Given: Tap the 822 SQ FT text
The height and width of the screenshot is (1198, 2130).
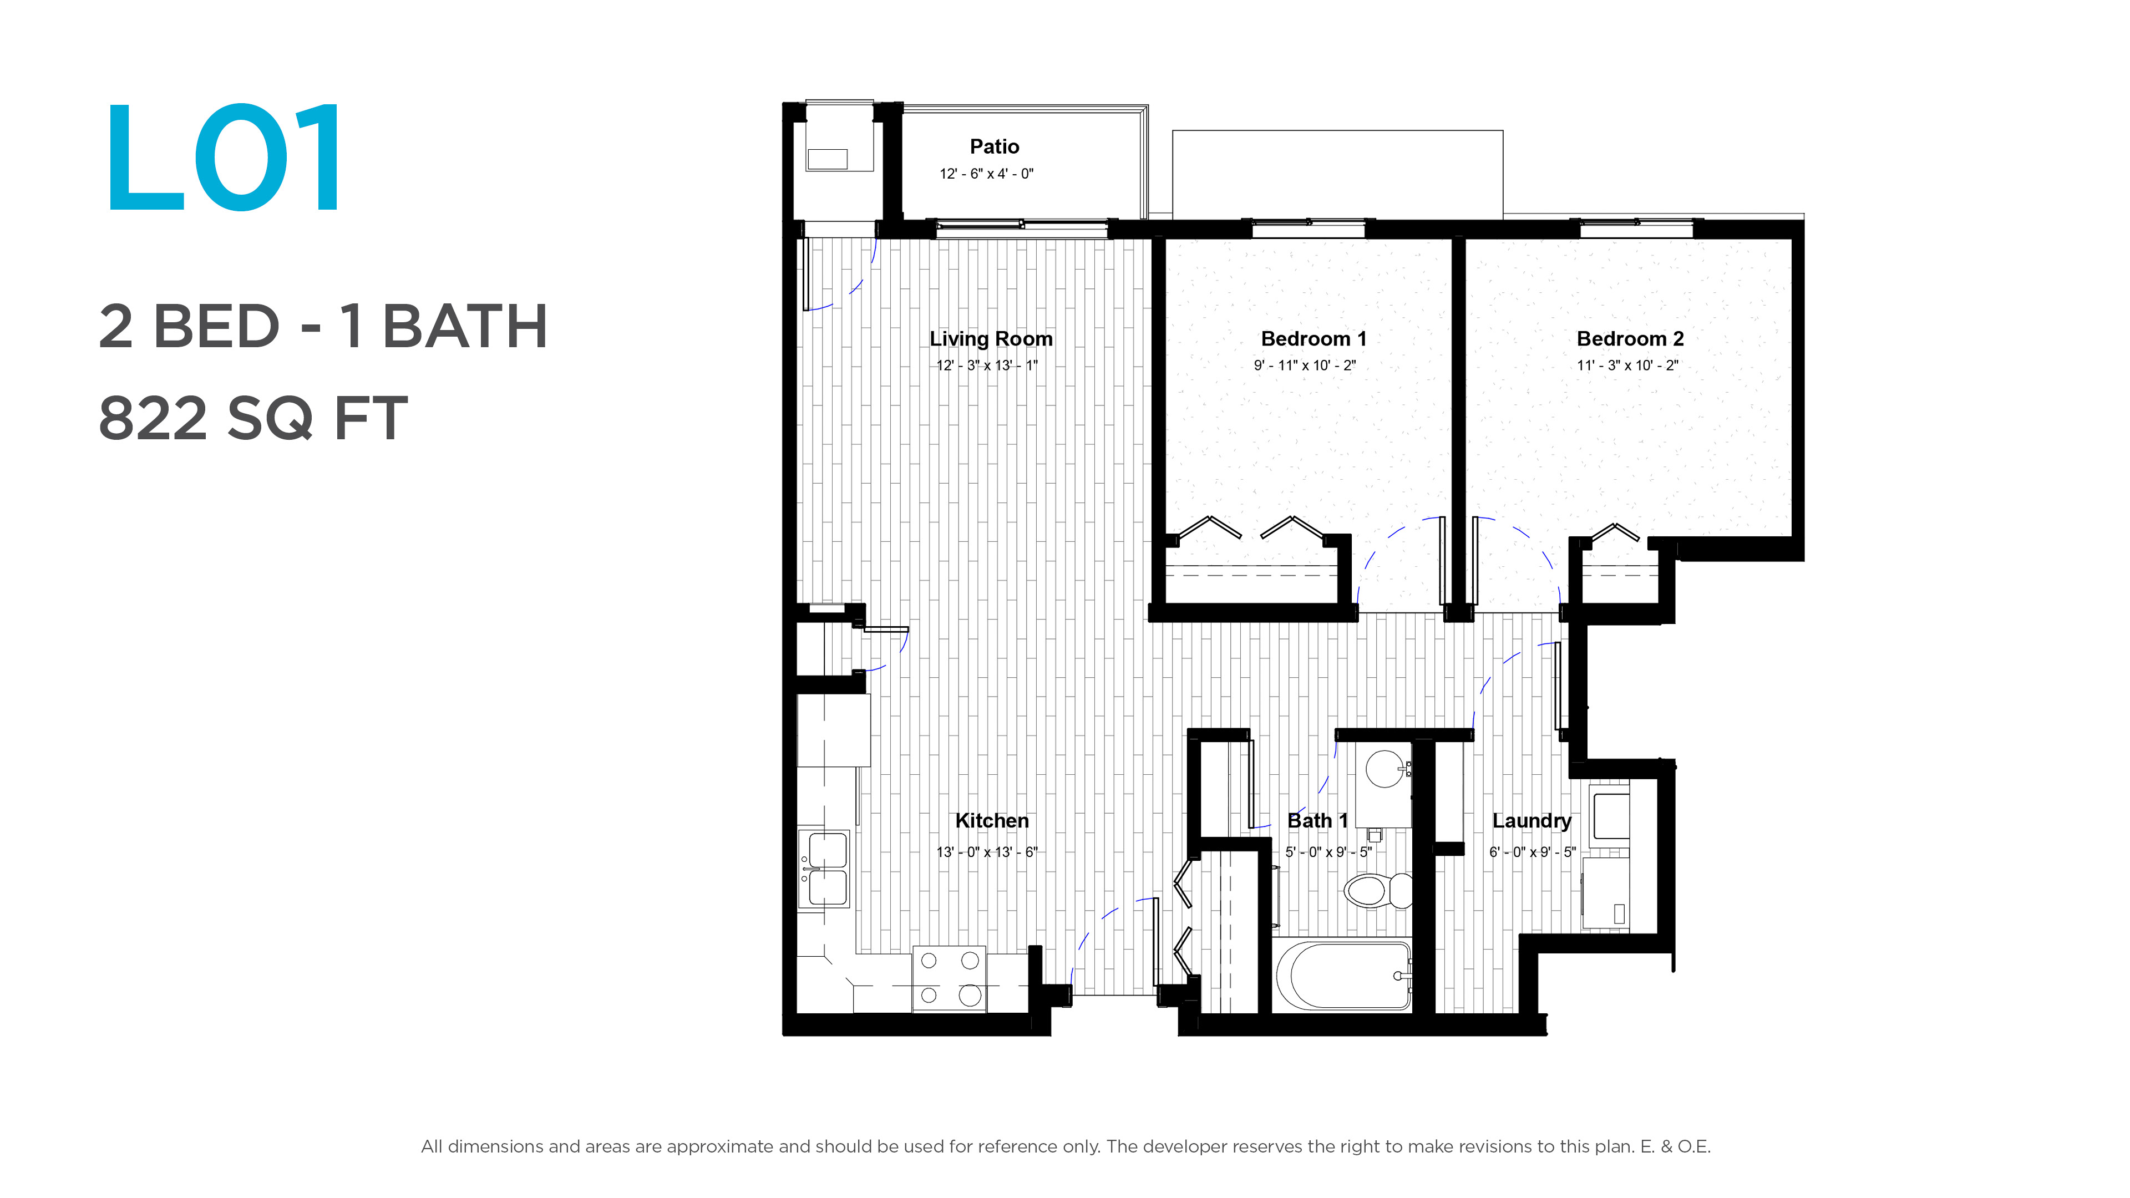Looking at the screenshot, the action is (253, 418).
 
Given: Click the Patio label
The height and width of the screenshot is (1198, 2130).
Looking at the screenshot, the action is (994, 146).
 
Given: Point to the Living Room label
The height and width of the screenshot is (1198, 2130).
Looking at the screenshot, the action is (991, 339).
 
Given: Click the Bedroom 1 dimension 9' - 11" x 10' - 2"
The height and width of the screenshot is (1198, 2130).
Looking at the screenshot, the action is (1305, 366).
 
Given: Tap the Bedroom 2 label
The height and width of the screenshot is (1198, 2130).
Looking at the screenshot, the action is (1630, 339).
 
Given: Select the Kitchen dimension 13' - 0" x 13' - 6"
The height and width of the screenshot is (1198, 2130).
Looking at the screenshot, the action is (986, 851).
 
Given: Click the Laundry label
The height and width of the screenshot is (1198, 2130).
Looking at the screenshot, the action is (1531, 821).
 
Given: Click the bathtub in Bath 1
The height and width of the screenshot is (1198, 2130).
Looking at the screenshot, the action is (1343, 976).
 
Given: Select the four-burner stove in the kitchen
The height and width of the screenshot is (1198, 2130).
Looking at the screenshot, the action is (949, 978).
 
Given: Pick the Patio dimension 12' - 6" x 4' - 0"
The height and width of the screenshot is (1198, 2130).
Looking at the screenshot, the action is (986, 174).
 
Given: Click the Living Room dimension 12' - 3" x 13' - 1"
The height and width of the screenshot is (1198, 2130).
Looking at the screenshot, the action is (986, 366).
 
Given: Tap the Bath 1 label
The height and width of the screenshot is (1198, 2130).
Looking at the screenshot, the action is (1318, 821).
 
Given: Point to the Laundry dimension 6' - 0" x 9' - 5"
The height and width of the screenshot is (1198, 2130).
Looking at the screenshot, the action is (1532, 851).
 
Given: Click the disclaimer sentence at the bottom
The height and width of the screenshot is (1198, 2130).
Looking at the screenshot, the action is (1065, 1147).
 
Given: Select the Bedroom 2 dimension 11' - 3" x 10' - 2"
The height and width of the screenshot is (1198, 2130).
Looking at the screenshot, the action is (1627, 366).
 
